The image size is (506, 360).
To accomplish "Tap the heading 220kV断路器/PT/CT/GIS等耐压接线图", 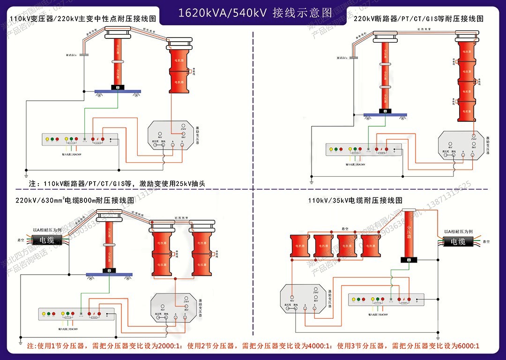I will tap(418, 19).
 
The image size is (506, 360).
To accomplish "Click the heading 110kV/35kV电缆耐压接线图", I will tap(355, 200).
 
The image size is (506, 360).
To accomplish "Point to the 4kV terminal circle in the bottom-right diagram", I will tap(291, 297).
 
